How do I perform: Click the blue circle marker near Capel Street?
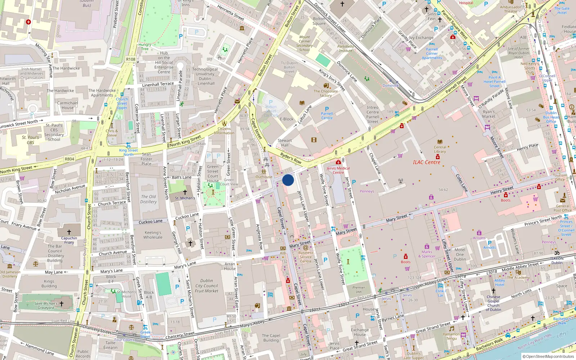288,180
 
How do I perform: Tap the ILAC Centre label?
426,162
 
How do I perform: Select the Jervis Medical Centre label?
338,170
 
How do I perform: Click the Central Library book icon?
440,142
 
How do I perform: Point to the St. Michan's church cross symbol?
185,193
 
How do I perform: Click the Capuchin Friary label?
69,240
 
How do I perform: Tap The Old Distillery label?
148,199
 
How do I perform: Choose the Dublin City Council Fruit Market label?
206,285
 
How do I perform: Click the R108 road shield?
131,59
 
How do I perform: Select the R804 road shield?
69,159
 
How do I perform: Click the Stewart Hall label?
284,143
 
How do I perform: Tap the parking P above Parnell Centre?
327,109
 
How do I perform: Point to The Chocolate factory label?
325,93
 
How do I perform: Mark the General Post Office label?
562,208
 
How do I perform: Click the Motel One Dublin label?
460,254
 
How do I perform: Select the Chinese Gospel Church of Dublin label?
493,303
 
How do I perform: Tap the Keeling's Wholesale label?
153,235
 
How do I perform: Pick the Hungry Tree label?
145,47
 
